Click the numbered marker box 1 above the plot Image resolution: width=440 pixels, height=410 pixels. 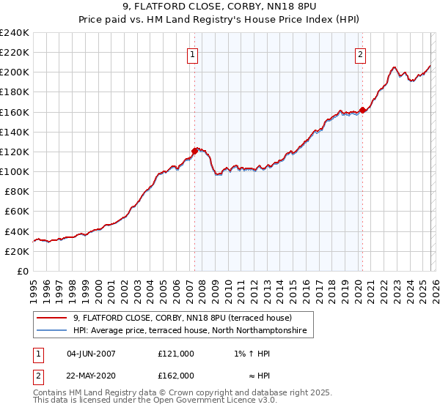[193, 53]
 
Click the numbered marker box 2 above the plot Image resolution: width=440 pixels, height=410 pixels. [361, 53]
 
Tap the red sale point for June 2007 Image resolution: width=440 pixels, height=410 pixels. [194, 151]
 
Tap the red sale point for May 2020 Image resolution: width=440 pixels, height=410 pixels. [362, 111]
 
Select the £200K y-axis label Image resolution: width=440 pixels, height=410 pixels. [15, 72]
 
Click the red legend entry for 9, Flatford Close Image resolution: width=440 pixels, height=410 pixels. [183, 318]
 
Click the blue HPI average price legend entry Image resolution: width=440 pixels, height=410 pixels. [192, 332]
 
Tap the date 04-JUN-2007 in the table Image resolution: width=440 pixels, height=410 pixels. [91, 354]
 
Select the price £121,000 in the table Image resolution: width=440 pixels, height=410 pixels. [175, 354]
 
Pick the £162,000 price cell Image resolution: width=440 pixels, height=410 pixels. [175, 376]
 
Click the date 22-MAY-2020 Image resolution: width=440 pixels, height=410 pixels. [91, 376]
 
